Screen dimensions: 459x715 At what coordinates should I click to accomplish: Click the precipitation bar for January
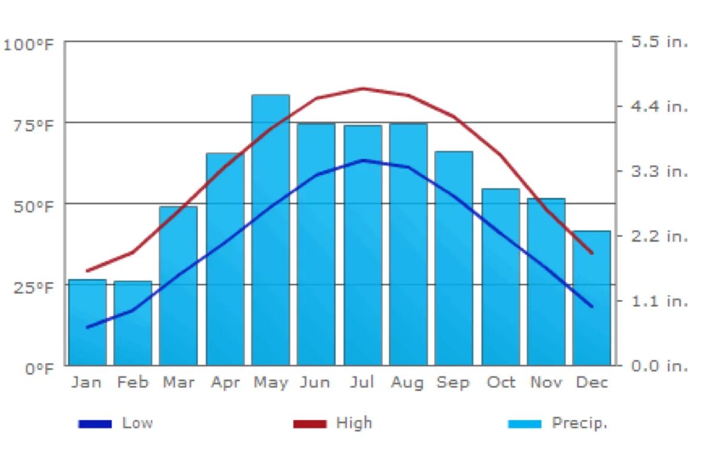pos(87,322)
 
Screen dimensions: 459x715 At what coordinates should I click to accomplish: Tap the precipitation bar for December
pos(591,298)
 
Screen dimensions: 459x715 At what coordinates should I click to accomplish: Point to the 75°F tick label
pos(29,124)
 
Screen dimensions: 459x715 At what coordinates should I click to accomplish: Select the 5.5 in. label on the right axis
pos(660,42)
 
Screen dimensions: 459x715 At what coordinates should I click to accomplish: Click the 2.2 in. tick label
pos(660,236)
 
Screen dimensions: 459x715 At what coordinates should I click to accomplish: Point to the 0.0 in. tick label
pos(660,365)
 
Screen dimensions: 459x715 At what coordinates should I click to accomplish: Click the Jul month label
pos(362,382)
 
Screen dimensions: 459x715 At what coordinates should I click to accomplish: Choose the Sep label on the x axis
pos(453,382)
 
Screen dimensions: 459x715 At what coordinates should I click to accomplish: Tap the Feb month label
pos(133,382)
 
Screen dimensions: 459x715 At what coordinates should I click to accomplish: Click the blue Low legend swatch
pos(95,424)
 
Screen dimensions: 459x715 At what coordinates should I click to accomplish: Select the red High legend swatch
pos(309,424)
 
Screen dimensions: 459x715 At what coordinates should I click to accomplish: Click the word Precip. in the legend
pos(579,423)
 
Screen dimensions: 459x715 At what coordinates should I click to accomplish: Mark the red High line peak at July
pos(363,88)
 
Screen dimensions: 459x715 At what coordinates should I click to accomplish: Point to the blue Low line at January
pos(88,327)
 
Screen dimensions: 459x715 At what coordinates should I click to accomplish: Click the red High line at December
pos(591,253)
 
